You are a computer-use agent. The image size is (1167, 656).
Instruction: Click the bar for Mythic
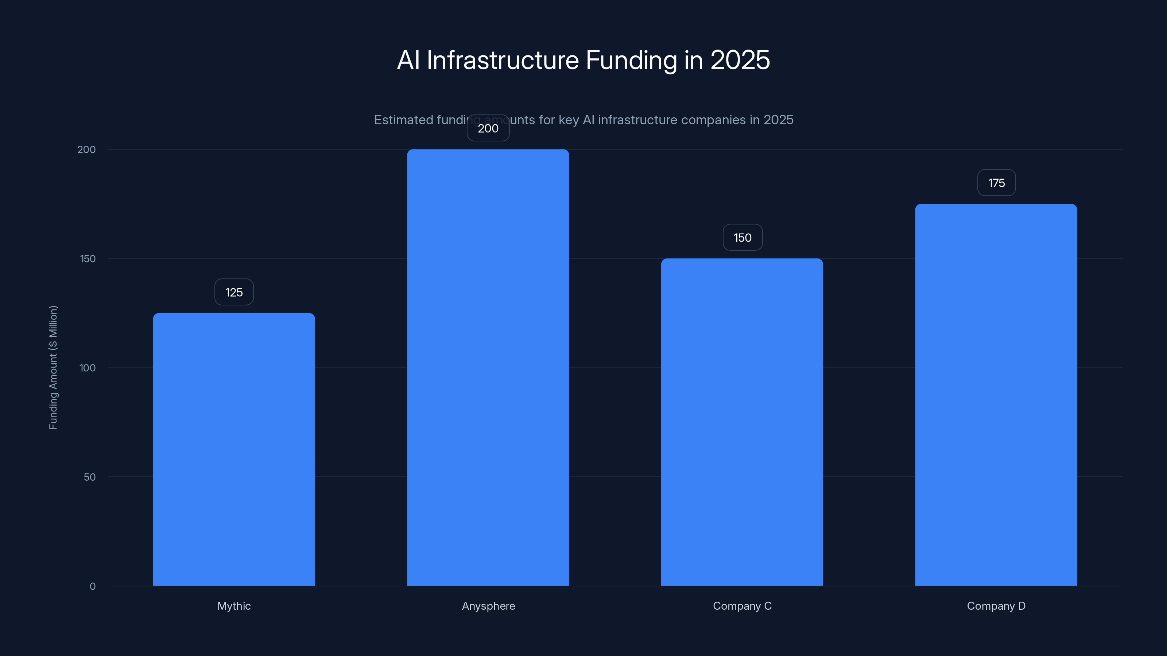(x=234, y=449)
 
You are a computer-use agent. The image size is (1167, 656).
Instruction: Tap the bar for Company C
(x=742, y=422)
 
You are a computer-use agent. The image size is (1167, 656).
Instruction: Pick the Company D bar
(x=996, y=394)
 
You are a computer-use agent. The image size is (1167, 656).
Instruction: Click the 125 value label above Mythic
(x=234, y=292)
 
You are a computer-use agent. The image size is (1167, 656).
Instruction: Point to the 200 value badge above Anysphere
(x=488, y=129)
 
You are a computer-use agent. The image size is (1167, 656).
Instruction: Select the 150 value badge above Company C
(x=743, y=238)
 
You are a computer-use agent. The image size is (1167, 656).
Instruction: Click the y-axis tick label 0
(x=92, y=586)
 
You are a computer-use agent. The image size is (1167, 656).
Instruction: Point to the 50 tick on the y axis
(x=89, y=477)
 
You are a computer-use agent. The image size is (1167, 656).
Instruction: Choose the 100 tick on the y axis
(x=88, y=368)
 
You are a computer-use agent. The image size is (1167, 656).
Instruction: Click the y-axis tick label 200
(x=86, y=150)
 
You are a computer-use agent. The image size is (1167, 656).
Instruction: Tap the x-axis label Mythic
(x=234, y=606)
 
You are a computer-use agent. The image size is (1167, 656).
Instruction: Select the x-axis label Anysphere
(x=488, y=606)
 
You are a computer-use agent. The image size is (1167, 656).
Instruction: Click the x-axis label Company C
(x=742, y=606)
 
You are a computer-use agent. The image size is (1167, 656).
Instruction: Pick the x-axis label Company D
(x=996, y=606)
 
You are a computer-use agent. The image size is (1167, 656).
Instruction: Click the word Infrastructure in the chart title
(x=503, y=60)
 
